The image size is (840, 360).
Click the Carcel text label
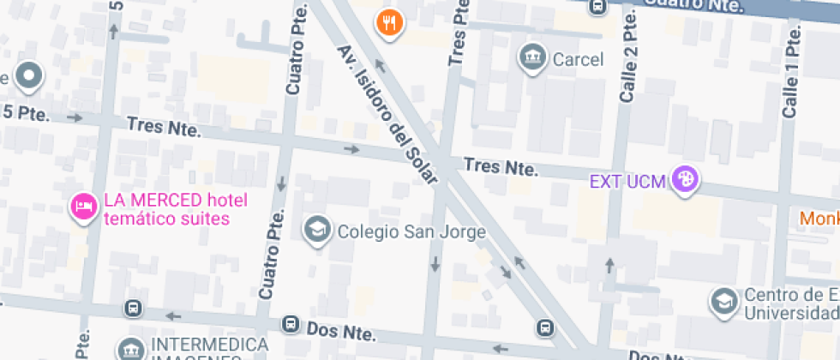click(x=578, y=59)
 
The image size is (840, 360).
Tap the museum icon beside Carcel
click(x=532, y=57)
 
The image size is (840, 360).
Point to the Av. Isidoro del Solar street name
click(x=387, y=115)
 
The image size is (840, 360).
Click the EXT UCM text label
click(x=628, y=181)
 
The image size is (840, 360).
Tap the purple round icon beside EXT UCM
click(x=685, y=180)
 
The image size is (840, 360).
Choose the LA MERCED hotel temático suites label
click(x=175, y=209)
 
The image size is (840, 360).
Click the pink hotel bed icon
click(x=83, y=207)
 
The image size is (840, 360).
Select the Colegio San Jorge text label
click(x=411, y=231)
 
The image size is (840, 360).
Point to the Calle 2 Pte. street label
click(x=630, y=56)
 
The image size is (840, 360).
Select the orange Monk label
click(x=819, y=219)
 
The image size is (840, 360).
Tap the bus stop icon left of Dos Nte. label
click(x=291, y=326)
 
